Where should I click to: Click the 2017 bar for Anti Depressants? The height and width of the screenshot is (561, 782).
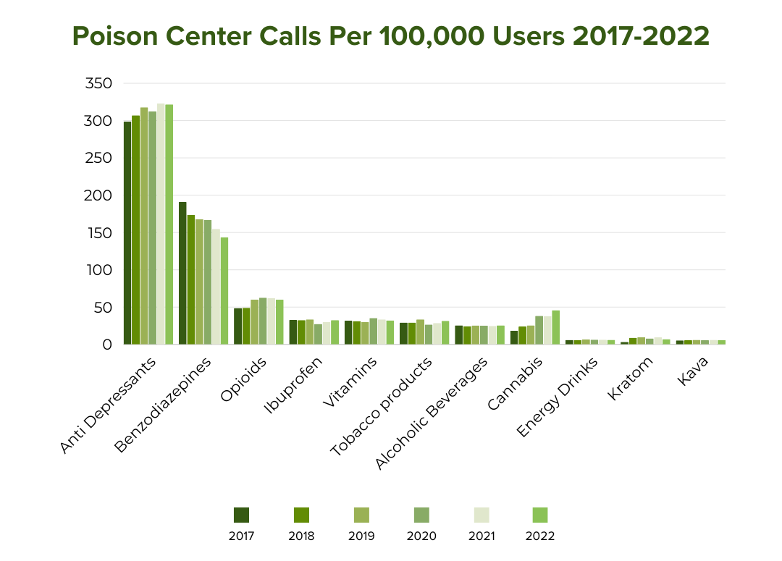pos(127,233)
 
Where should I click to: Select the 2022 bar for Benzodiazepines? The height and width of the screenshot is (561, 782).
pos(224,291)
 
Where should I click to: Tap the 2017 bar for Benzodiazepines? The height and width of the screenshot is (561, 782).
pos(182,274)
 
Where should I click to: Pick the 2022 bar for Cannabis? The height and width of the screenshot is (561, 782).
pos(555,327)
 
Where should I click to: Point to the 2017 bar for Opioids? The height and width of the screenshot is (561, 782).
pos(238,326)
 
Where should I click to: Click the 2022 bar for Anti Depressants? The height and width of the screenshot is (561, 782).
pos(169,224)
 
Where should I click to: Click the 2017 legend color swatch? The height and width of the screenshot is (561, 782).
pos(241,515)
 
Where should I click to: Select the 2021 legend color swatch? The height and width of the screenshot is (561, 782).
pos(482,515)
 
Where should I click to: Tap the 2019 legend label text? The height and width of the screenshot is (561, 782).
pos(361,536)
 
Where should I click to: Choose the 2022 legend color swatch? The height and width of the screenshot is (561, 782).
pos(540,515)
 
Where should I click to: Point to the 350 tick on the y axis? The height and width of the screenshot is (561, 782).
pos(98,83)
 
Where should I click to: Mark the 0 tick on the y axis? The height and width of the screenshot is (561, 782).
pos(107,345)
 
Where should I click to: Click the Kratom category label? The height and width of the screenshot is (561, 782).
pos(631,379)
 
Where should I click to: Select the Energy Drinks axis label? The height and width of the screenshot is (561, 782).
pos(557,397)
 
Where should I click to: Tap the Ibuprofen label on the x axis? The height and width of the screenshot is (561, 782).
pos(294,385)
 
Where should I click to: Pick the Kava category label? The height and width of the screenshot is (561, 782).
pos(693,371)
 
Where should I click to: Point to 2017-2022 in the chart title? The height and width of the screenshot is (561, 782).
pos(641,36)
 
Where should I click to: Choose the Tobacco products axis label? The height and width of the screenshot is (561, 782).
pos(382,406)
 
